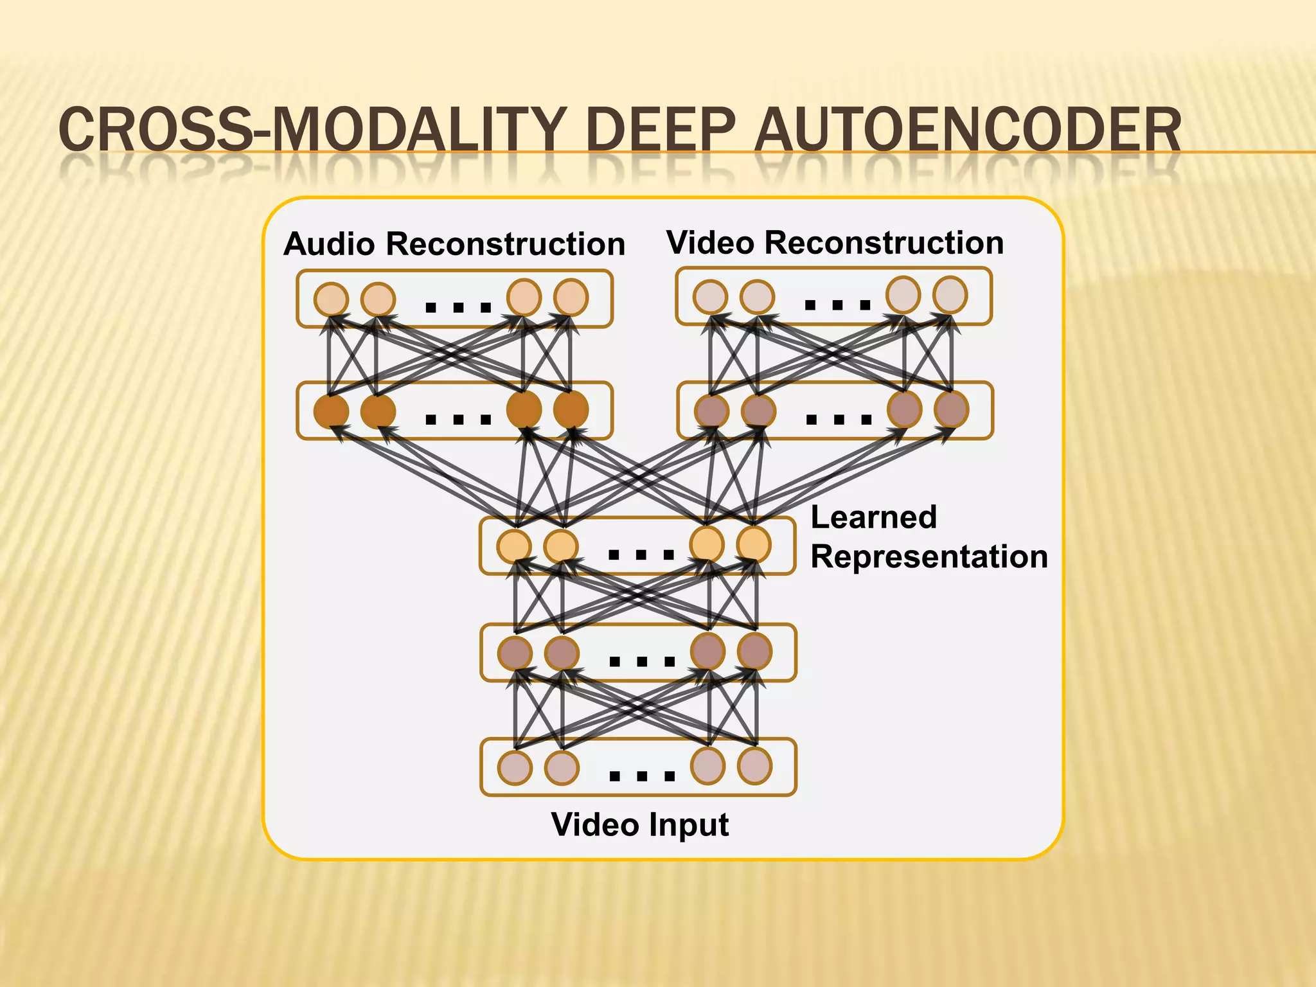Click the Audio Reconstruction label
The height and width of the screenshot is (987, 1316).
click(x=454, y=244)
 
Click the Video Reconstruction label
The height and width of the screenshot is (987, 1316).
click(x=835, y=243)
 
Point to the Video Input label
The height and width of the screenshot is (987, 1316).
click(x=639, y=824)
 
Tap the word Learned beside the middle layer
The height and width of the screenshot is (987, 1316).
click(x=873, y=517)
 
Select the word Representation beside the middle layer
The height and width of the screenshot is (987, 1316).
click(x=929, y=556)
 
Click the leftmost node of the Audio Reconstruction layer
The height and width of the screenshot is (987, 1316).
click(x=331, y=299)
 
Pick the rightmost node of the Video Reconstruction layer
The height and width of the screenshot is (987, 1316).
click(x=950, y=295)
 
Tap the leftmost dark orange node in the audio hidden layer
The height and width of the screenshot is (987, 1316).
click(x=331, y=411)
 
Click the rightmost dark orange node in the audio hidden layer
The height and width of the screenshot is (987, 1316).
click(x=571, y=409)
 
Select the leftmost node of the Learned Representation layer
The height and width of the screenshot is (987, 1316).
click(x=514, y=546)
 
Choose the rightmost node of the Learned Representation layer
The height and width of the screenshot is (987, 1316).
click(x=754, y=544)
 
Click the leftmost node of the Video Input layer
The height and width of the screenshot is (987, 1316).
click(x=515, y=767)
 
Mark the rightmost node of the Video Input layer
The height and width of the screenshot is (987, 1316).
click(x=754, y=765)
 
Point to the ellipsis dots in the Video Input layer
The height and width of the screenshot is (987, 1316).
click(x=641, y=776)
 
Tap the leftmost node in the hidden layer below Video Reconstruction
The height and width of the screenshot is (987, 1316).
click(x=712, y=411)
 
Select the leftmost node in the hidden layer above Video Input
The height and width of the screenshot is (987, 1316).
click(x=515, y=654)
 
